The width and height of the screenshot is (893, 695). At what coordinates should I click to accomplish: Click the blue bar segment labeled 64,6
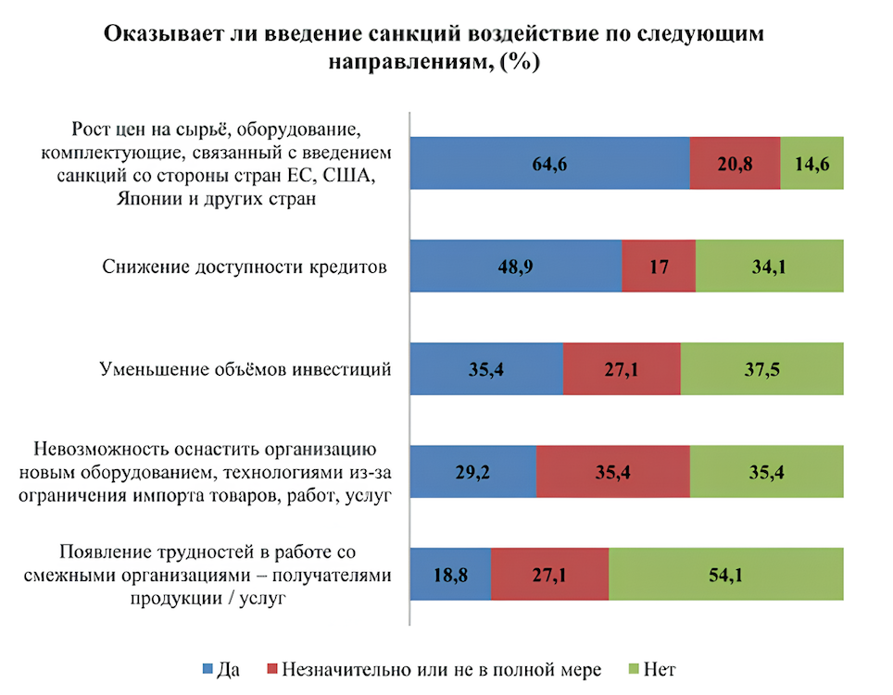point(549,163)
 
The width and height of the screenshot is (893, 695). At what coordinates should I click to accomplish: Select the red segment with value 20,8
point(735,163)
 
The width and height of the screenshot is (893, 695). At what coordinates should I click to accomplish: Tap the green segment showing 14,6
point(811,163)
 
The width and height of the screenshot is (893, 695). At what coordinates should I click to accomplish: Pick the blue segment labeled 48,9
point(515,267)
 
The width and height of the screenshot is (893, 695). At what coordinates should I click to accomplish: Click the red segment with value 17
point(658,267)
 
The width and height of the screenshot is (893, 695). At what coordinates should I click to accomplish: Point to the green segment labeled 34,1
point(769,267)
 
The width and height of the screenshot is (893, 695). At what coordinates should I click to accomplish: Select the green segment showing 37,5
point(761,369)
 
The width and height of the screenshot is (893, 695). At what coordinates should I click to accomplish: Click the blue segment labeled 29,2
point(472,472)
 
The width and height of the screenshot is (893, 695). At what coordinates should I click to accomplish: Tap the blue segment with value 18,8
point(449,575)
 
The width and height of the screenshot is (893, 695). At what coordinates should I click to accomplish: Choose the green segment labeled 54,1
point(725,575)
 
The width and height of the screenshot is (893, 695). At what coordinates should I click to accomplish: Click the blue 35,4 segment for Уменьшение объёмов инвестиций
point(485,369)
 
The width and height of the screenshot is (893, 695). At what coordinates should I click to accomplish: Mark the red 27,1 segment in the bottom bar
point(549,575)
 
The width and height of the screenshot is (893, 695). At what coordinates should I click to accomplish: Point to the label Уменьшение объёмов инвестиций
point(245,369)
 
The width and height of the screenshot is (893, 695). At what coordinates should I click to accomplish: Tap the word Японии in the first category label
point(151,199)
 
